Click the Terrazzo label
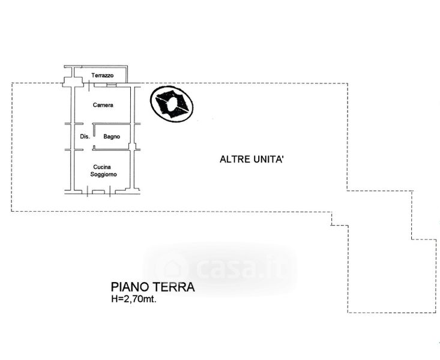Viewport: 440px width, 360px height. tap(103, 76)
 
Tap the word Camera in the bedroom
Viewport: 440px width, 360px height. tap(103, 105)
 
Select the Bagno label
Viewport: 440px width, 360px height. tap(112, 137)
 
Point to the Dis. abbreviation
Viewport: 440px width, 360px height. tap(85, 137)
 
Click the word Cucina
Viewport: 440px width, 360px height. tap(102, 167)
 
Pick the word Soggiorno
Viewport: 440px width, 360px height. tap(103, 174)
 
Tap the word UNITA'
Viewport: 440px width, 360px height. tap(269, 160)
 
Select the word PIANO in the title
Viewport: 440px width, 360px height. tap(130, 287)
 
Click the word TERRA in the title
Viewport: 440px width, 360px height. tap(173, 287)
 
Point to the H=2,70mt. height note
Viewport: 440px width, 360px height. tap(134, 299)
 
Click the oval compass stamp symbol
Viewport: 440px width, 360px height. tap(172, 104)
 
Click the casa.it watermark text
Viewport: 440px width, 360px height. tap(241, 269)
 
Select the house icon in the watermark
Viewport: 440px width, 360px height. tap(172, 269)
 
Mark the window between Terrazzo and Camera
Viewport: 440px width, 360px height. tap(111, 85)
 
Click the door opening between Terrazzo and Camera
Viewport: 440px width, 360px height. tap(89, 85)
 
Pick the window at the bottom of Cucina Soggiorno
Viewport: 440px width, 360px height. tap(98, 192)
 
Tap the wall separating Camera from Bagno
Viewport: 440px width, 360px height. tap(112, 124)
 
